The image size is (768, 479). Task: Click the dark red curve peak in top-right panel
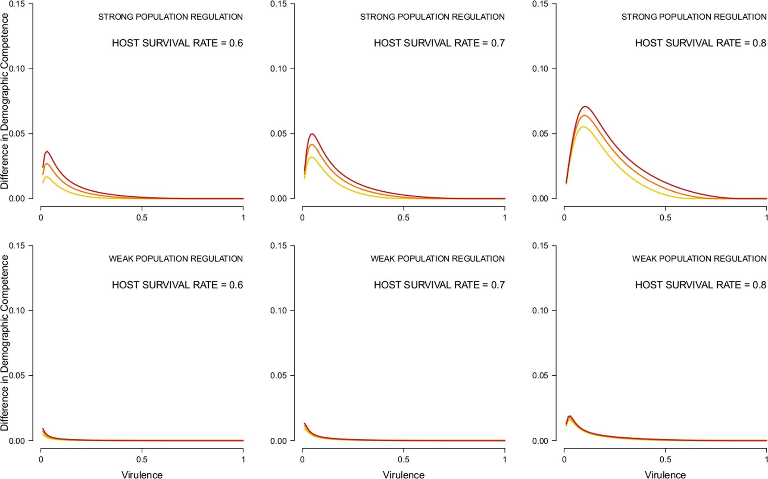pyautogui.click(x=585, y=107)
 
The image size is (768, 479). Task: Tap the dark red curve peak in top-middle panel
pyautogui.click(x=312, y=134)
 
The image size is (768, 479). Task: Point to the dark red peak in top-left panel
pyautogui.click(x=47, y=151)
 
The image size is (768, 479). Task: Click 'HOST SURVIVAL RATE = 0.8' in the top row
pyautogui.click(x=700, y=43)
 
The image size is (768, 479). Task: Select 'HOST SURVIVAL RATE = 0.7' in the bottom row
pyautogui.click(x=439, y=285)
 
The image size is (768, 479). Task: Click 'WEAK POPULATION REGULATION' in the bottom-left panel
pyautogui.click(x=176, y=259)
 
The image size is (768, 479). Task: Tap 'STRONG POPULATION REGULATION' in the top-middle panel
pyautogui.click(x=432, y=17)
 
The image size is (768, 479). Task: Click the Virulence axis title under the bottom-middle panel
pyautogui.click(x=404, y=475)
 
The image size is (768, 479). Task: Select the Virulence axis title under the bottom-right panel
pyautogui.click(x=665, y=475)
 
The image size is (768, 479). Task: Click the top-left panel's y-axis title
pyautogui.click(x=5, y=101)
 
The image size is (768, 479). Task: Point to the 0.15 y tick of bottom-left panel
pyautogui.click(x=17, y=246)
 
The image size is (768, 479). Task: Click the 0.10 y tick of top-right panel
pyautogui.click(x=540, y=69)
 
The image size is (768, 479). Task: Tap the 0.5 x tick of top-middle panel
pyautogui.click(x=404, y=218)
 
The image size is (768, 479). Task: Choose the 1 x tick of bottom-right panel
pyautogui.click(x=766, y=459)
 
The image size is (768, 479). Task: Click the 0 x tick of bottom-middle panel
pyautogui.click(x=302, y=459)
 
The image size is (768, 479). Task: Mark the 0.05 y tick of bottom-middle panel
pyautogui.click(x=278, y=376)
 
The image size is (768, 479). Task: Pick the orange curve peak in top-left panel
pyautogui.click(x=46, y=164)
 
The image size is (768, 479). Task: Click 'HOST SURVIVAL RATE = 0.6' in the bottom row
pyautogui.click(x=177, y=285)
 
